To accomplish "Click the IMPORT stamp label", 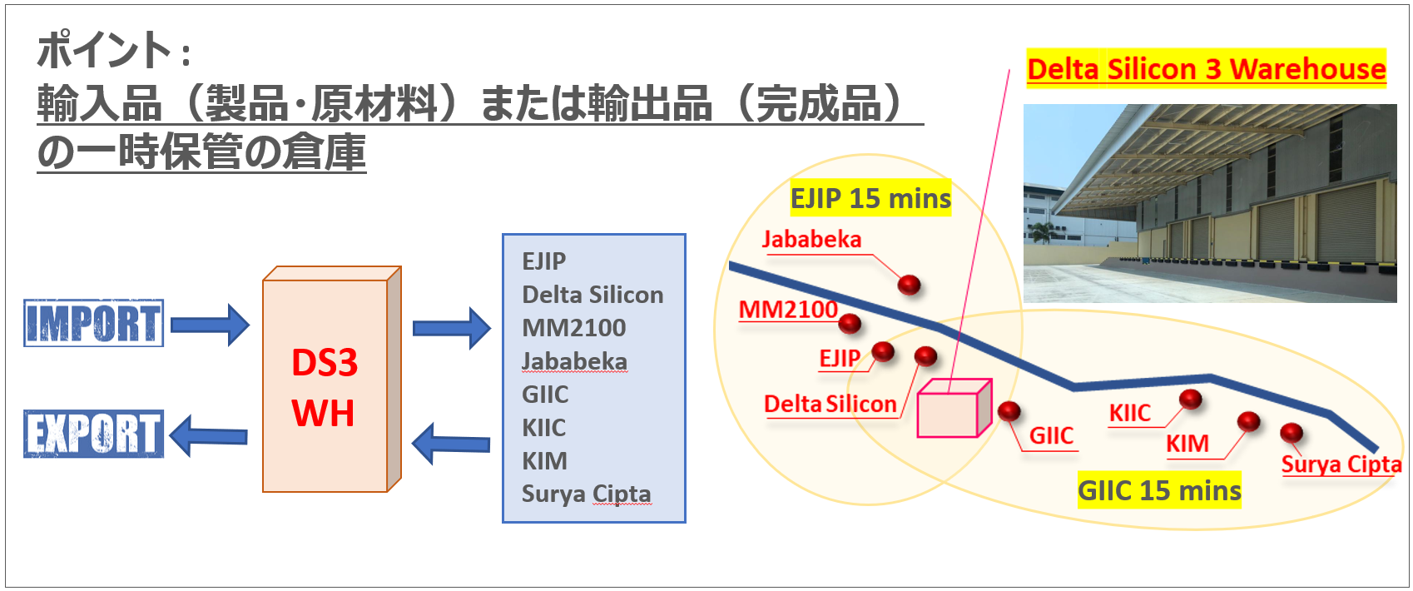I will [x=93, y=323].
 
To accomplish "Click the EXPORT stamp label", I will [x=93, y=434].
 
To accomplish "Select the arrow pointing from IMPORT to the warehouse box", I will [x=210, y=324].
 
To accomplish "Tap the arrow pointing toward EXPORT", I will [x=208, y=435].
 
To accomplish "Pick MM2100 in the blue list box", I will [x=573, y=328].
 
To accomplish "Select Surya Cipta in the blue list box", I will [x=586, y=494].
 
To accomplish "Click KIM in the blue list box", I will [x=544, y=460].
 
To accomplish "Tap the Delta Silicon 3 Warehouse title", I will [x=1206, y=69].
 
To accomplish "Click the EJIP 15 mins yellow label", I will [x=870, y=198].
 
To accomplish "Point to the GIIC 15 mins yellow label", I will [x=1159, y=491].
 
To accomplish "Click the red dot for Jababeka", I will [x=909, y=286].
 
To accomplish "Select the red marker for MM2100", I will [x=850, y=324].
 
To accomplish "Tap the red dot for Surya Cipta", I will [x=1291, y=433].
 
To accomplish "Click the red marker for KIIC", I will [x=1191, y=400].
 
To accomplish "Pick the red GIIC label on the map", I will [x=1051, y=435].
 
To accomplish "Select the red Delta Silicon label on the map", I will [x=830, y=405].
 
